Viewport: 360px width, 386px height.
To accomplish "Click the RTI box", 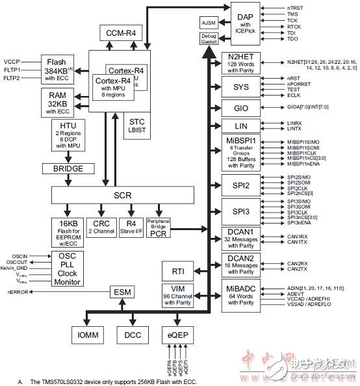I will (178, 271).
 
